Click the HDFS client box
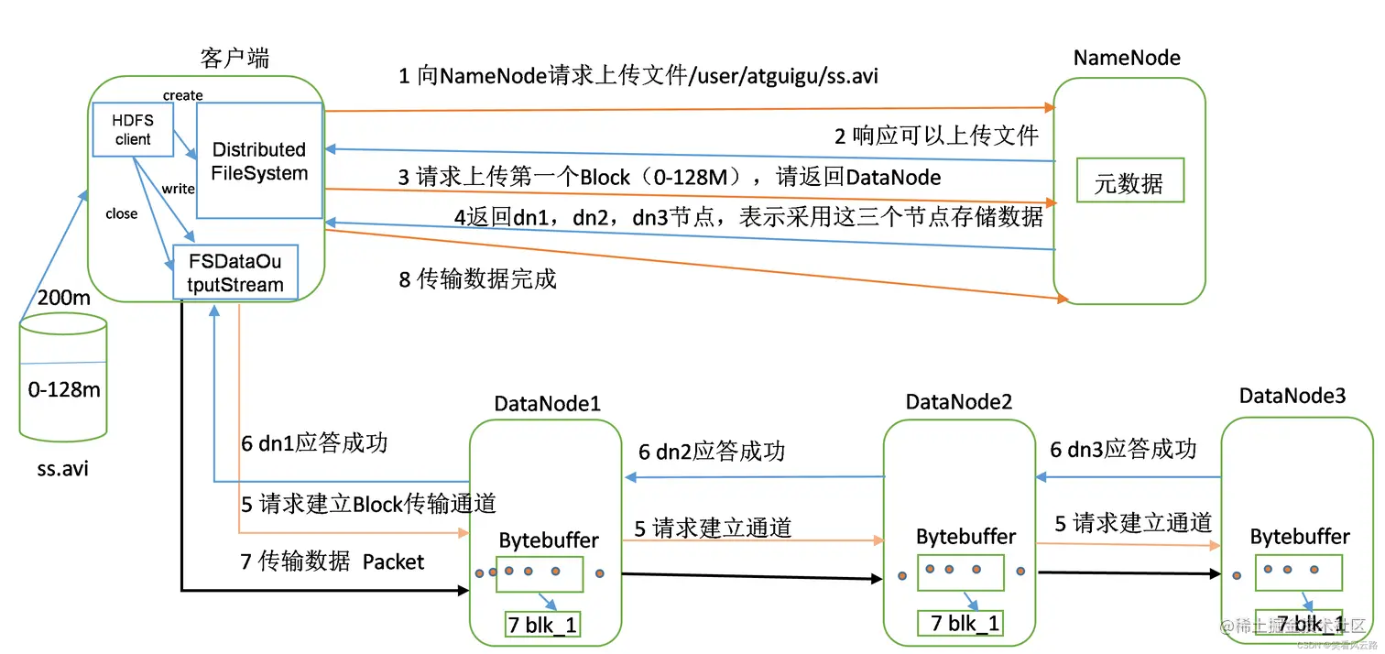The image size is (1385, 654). click(133, 129)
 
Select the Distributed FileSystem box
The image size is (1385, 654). click(259, 160)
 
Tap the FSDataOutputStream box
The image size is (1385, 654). click(235, 272)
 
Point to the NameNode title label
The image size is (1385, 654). click(1126, 58)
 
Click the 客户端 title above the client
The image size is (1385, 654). click(234, 59)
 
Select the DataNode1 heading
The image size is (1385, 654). click(547, 403)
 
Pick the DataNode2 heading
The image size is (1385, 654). click(958, 401)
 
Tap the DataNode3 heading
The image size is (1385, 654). click(1292, 396)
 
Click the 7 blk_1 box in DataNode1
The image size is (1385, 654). click(542, 625)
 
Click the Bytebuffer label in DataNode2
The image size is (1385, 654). click(965, 537)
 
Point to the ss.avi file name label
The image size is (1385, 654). click(63, 469)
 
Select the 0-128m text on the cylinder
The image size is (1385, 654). click(64, 389)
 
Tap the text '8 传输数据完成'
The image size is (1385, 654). click(477, 279)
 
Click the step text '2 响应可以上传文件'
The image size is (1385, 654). click(935, 136)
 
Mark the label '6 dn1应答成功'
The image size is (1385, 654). click(314, 443)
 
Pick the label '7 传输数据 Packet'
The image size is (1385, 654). click(332, 561)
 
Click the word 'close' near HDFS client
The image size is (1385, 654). click(121, 213)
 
